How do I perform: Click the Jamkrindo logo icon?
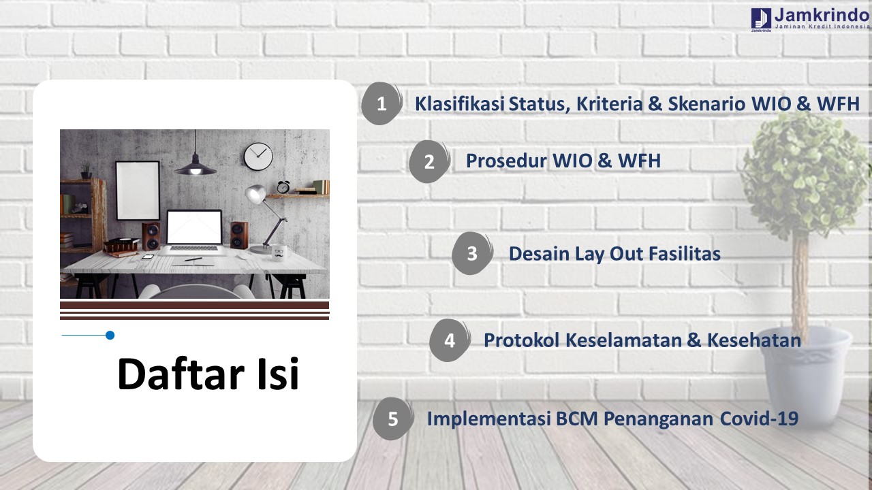[761, 18]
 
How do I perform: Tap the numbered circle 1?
[382, 103]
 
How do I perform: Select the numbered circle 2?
[429, 161]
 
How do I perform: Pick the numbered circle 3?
[472, 254]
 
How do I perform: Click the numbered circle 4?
[450, 341]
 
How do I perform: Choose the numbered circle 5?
[393, 419]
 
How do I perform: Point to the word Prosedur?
[506, 161]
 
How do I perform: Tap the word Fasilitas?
[685, 254]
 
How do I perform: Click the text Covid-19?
[759, 419]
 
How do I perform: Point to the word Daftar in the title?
[181, 374]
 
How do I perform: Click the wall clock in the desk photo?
[258, 157]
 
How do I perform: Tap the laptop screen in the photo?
[194, 227]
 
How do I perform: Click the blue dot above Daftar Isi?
[110, 336]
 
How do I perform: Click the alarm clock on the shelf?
[283, 187]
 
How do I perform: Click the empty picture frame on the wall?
[138, 191]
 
